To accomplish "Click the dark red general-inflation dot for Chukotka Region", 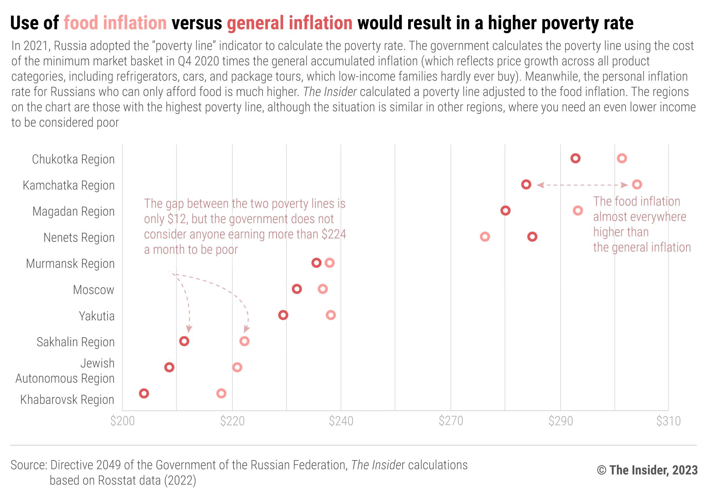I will (x=575, y=158).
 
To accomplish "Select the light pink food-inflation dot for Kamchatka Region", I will (x=637, y=185).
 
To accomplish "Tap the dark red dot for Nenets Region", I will (x=532, y=237).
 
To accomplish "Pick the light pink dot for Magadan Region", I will (x=577, y=211).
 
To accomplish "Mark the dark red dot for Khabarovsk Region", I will (x=144, y=393).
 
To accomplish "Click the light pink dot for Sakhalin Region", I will (x=244, y=341).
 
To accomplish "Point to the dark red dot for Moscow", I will (x=297, y=289).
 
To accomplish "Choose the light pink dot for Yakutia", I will (x=331, y=315).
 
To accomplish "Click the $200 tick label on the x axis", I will (x=122, y=421).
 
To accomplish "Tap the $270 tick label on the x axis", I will (x=451, y=421).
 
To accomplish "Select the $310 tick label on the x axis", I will (x=668, y=421).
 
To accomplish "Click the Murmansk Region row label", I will (x=70, y=264).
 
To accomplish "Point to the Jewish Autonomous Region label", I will (x=65, y=371).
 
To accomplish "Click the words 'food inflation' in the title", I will (x=115, y=23).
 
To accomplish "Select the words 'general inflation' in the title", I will (x=290, y=23).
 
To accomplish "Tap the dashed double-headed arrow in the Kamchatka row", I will (x=582, y=185).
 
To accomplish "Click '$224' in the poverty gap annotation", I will (x=334, y=234).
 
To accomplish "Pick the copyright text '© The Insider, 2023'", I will (x=647, y=470).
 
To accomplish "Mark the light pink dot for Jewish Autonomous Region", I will (x=237, y=367).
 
